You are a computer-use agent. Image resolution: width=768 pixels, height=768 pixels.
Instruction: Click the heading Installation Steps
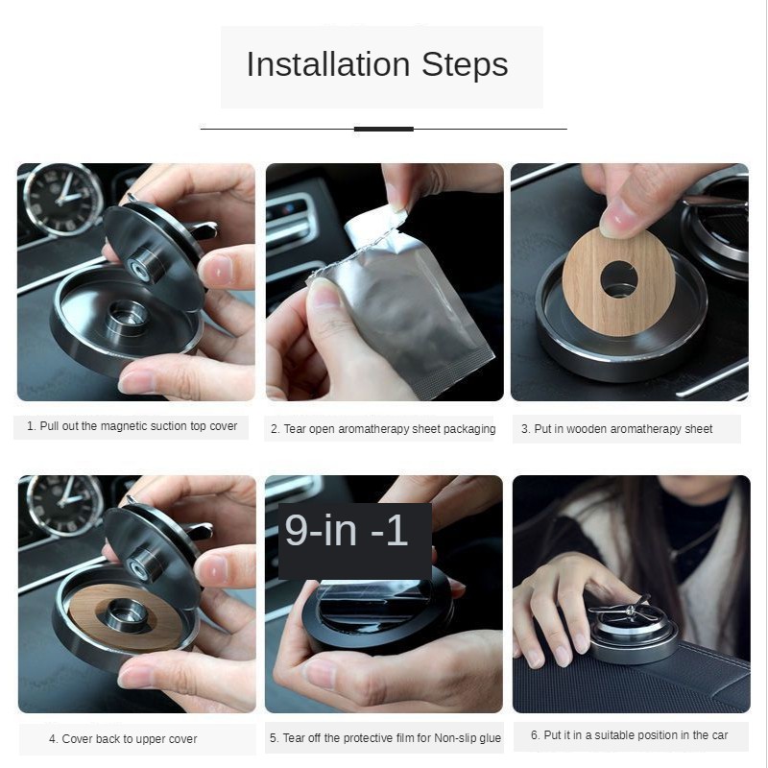pyautogui.click(x=377, y=65)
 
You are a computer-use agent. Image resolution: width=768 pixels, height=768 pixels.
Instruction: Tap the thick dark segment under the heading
pyautogui.click(x=383, y=129)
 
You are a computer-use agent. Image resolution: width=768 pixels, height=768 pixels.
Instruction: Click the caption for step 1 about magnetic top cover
pyautogui.click(x=132, y=426)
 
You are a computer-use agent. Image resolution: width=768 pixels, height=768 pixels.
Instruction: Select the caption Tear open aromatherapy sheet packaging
pyautogui.click(x=383, y=429)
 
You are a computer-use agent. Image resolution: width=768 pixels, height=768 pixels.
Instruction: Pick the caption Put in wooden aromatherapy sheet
pyautogui.click(x=616, y=429)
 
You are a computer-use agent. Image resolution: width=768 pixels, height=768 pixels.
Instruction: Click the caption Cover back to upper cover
pyautogui.click(x=123, y=739)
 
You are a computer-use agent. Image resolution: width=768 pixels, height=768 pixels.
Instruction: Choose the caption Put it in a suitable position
pyautogui.click(x=629, y=735)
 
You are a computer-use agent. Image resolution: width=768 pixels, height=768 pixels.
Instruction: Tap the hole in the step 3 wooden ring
pyautogui.click(x=619, y=278)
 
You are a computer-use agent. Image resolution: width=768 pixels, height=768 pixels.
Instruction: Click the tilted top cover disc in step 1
pyautogui.click(x=154, y=254)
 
